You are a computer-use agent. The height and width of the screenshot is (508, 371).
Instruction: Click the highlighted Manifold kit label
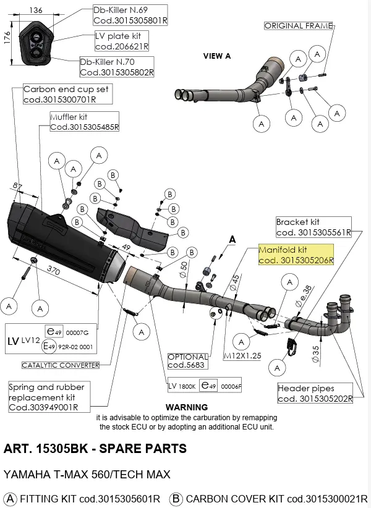(296, 255)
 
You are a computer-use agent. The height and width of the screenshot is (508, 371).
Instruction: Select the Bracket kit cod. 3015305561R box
(313, 227)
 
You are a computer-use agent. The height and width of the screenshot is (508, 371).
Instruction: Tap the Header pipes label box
(315, 393)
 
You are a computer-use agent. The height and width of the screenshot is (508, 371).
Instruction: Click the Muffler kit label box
(84, 121)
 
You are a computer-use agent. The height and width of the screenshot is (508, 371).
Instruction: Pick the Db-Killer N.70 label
(117, 67)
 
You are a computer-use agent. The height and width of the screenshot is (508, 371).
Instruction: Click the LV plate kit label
(122, 41)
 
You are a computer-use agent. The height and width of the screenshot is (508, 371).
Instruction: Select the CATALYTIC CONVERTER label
(61, 365)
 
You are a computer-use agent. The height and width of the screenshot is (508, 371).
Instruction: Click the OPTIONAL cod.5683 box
(188, 362)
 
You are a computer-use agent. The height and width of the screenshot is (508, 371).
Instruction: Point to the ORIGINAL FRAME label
(299, 26)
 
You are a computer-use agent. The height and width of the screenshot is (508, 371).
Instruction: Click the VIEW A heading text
(217, 56)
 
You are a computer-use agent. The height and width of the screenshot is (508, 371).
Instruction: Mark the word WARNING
(187, 407)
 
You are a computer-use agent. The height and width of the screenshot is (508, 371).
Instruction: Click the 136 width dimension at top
(36, 10)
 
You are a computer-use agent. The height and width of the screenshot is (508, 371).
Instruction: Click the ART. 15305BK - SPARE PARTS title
(95, 449)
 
